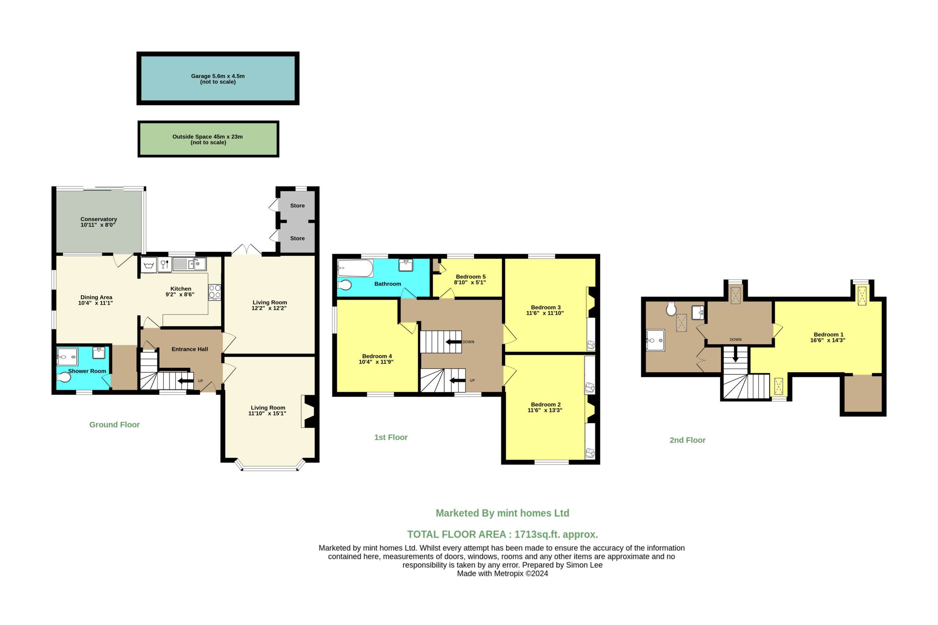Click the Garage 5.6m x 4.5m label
click(x=218, y=76)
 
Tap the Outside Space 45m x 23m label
click(x=207, y=137)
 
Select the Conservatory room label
click(x=99, y=219)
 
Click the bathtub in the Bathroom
click(x=355, y=268)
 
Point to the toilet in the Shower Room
click(x=64, y=377)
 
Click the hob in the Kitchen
click(x=214, y=292)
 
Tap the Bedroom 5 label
click(x=471, y=277)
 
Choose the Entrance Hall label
click(x=190, y=349)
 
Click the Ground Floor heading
click(x=114, y=425)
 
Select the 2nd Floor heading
click(x=687, y=440)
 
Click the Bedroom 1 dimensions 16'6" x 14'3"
click(x=828, y=340)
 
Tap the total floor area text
click(x=502, y=535)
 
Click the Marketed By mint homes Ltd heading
click(x=502, y=513)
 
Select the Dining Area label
click(x=96, y=297)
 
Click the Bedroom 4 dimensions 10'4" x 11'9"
click(x=376, y=362)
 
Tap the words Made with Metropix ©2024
click(x=502, y=574)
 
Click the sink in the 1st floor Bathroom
click(x=405, y=265)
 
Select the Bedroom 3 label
click(x=545, y=307)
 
